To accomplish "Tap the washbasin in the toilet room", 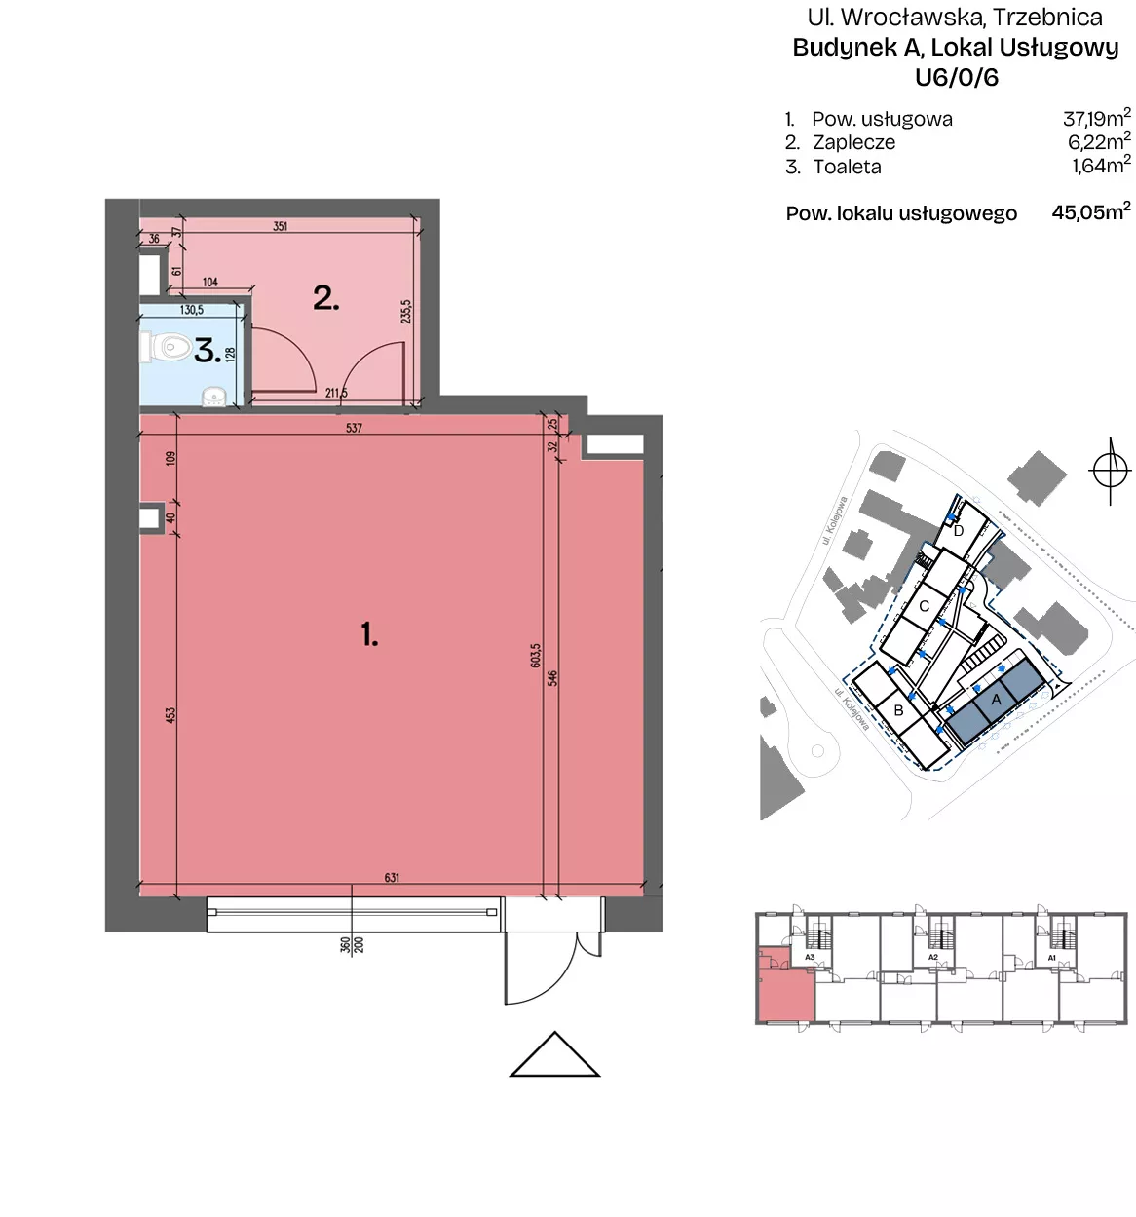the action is pos(212,398).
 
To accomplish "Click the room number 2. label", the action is pos(325,298).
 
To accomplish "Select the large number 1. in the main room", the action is pos(369,633).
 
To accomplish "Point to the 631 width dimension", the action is pos(392,878).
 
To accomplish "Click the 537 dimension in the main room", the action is pos(354,428).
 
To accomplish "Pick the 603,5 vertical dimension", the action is pos(536,655).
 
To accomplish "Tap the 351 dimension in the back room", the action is pos(280,226).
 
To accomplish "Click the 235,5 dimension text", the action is pos(405,311).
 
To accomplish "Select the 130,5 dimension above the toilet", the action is pos(191,310).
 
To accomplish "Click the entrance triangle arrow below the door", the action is pos(554,1054).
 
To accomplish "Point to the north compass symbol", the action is pos(1110,471).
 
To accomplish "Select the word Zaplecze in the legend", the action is pos(853,142).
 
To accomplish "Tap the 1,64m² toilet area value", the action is pos(1101,165).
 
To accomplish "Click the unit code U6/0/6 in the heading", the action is pos(956,77).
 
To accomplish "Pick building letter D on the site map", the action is pos(959,531).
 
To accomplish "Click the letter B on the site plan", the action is pos(899,710).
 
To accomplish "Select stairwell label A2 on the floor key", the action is pos(932,957).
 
